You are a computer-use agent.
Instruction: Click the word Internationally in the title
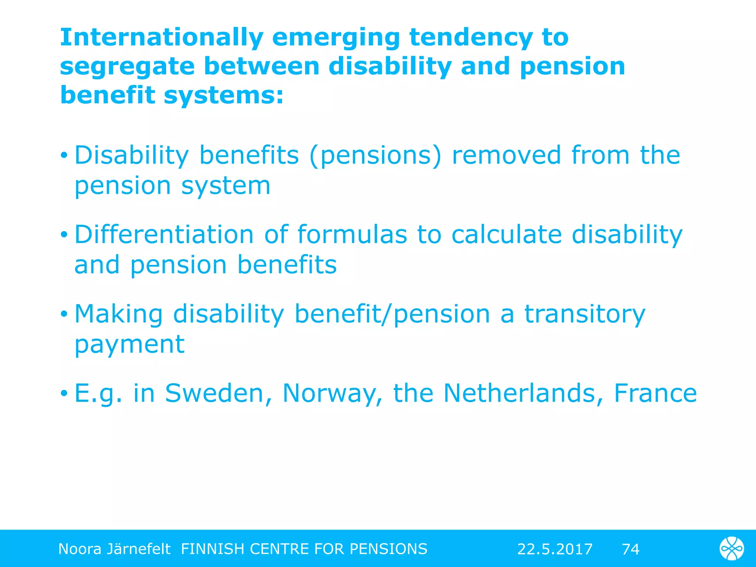pos(161,38)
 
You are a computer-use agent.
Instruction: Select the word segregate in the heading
pos(127,67)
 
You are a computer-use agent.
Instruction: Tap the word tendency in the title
pos(471,38)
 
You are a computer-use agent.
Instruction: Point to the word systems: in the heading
pos(224,95)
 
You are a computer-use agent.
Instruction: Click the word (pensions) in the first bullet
pos(375,155)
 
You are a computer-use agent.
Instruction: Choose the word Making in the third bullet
pos(118,314)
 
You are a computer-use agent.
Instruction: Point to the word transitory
pos(585,314)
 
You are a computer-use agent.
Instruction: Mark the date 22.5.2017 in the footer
pos(554,549)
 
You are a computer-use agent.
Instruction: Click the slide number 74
pos(630,549)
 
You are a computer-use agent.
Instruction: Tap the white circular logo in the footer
pos(732,549)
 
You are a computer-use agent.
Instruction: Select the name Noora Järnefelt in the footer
pos(114,549)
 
